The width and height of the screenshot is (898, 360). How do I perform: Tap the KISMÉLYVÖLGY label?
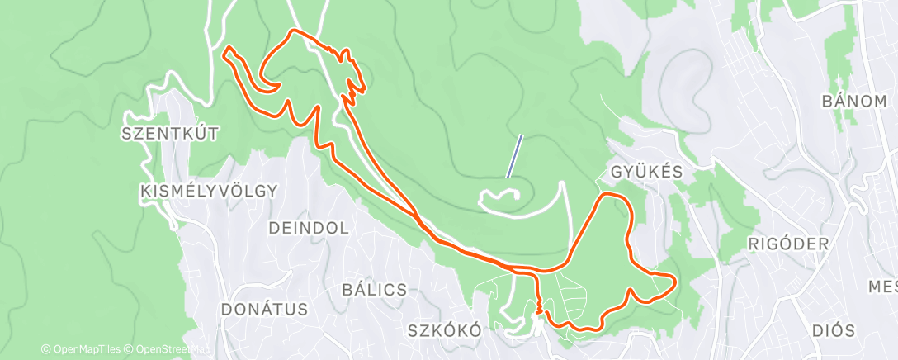[208, 191]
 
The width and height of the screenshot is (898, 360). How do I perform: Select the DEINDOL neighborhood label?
[308, 227]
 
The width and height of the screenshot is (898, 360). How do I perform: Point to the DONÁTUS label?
[264, 310]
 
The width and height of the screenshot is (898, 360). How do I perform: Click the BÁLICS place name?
[374, 290]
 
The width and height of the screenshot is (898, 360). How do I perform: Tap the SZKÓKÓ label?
[444, 330]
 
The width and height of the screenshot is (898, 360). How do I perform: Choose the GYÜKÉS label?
[648, 172]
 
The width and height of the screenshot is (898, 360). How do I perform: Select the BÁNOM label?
[853, 102]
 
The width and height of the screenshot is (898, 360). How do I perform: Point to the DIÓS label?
[832, 330]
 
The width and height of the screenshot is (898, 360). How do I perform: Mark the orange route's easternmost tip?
[675, 282]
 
